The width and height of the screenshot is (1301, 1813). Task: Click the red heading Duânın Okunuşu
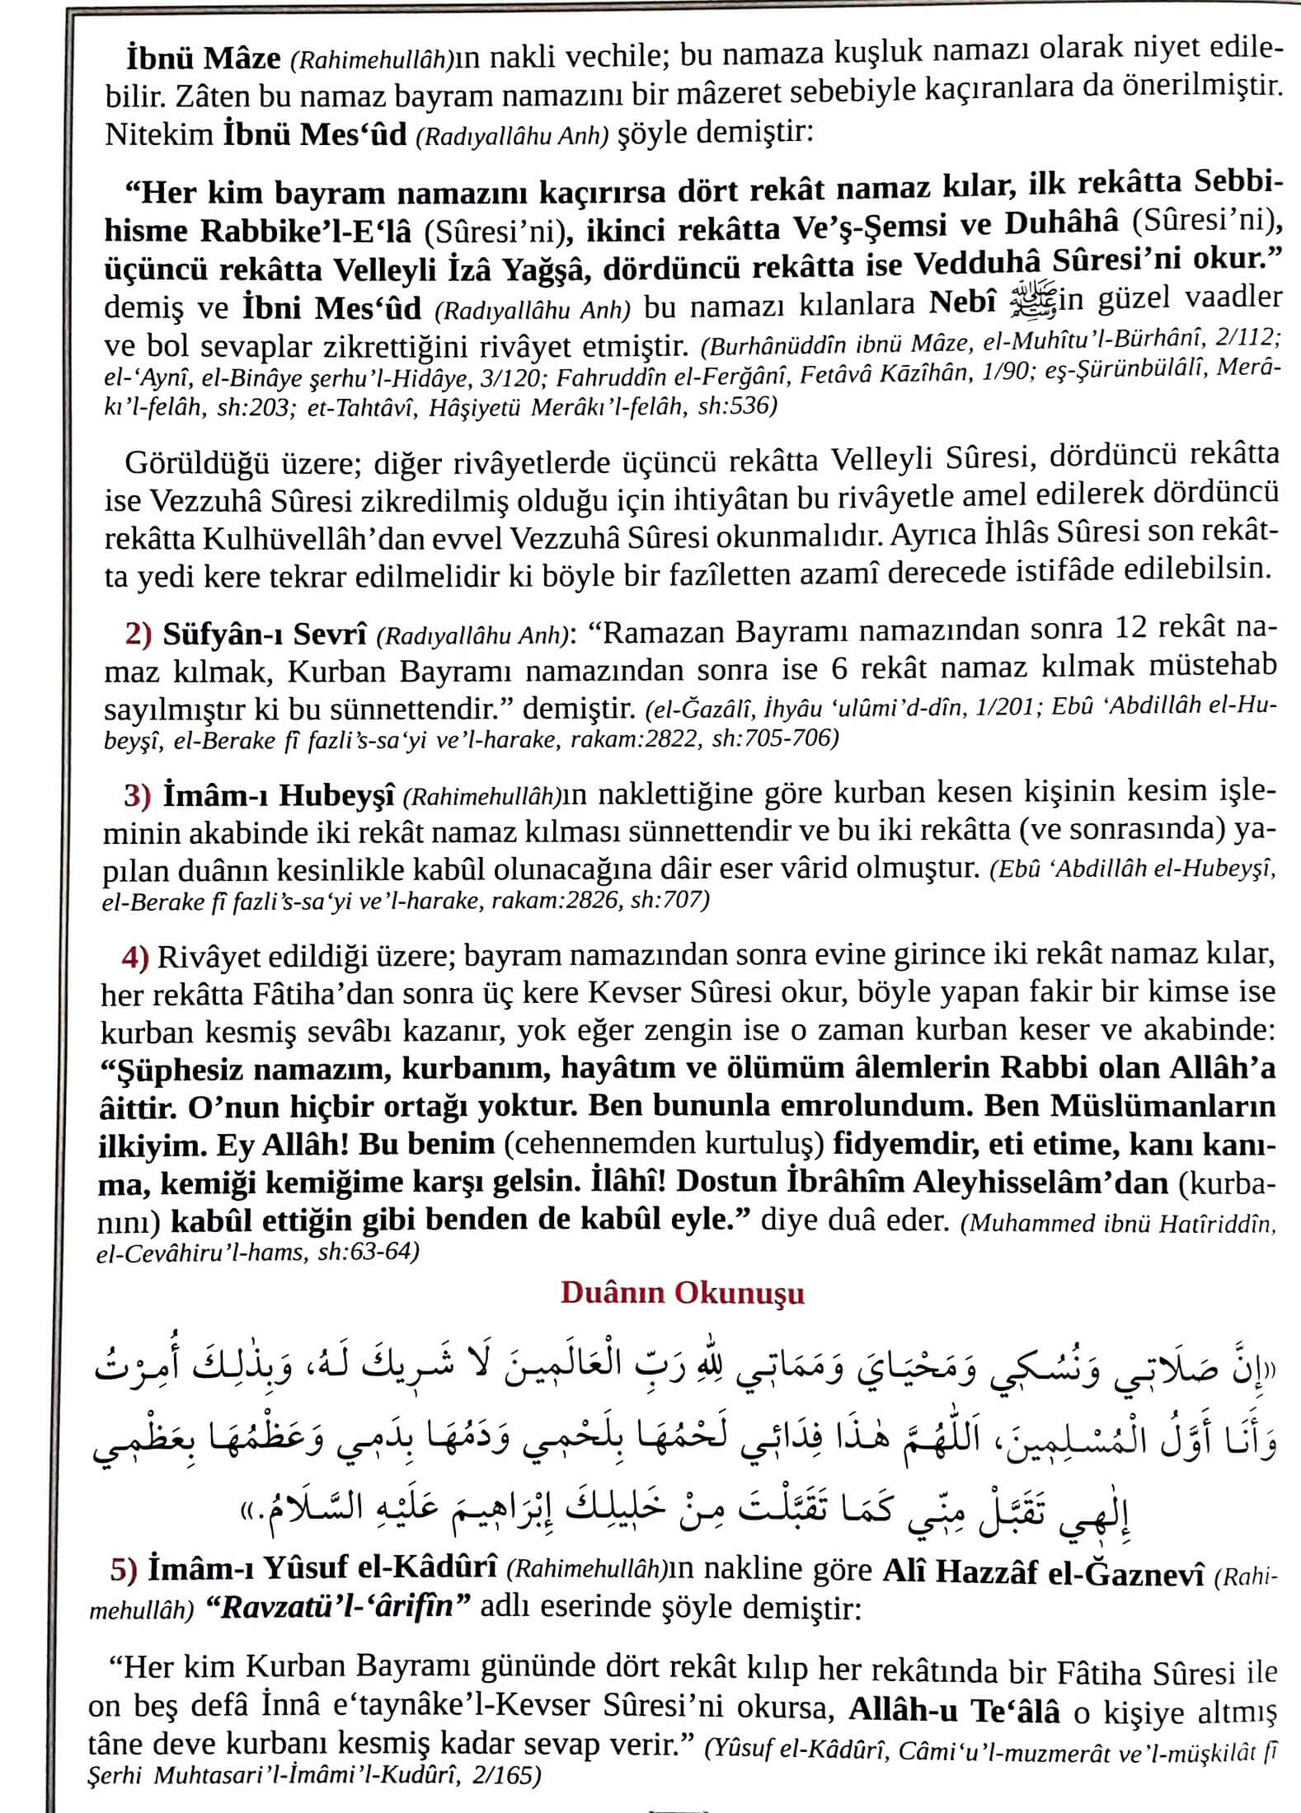[682, 1293]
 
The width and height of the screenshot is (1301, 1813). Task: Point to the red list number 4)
[135, 956]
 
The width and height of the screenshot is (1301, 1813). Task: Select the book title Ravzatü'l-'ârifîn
[337, 1608]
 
